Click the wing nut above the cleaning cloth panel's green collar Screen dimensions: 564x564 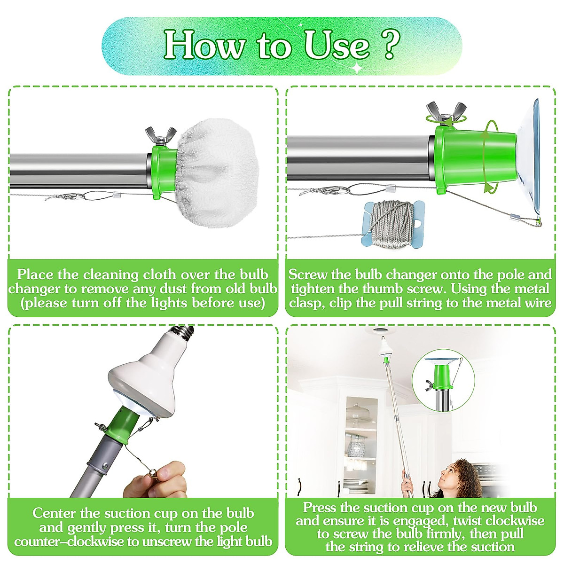[x=161, y=136]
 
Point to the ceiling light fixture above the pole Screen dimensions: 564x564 [x=381, y=334]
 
